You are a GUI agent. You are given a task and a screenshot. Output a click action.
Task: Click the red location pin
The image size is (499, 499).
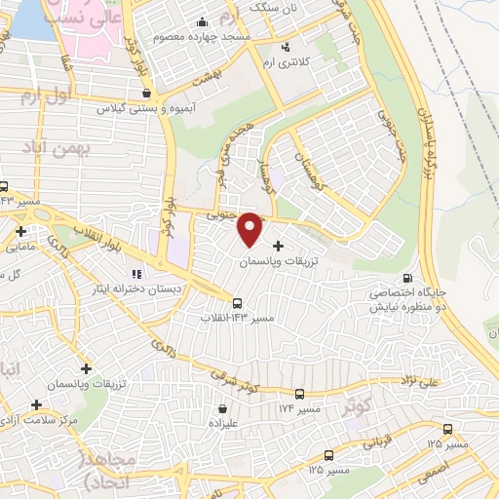[250, 229]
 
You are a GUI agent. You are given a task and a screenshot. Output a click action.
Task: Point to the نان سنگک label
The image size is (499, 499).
[273, 7]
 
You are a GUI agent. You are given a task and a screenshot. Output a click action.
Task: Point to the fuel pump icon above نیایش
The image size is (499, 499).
[420, 277]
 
